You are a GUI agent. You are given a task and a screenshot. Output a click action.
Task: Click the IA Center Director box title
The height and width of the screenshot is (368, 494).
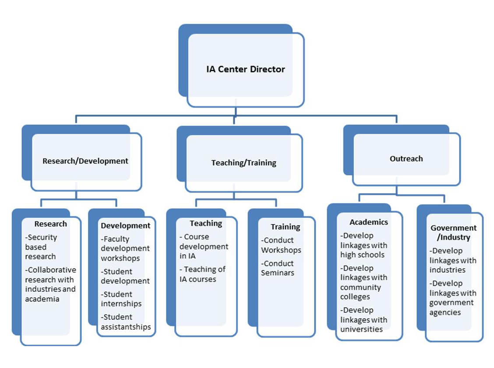tap(245, 69)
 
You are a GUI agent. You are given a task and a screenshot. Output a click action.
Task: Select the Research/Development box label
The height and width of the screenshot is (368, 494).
tap(85, 161)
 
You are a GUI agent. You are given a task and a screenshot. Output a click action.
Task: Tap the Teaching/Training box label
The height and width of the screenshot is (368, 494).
tap(243, 163)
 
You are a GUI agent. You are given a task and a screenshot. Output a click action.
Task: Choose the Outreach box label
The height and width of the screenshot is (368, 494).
tap(406, 159)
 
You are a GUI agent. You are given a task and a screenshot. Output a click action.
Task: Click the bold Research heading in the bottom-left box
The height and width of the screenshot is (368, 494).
tap(50, 224)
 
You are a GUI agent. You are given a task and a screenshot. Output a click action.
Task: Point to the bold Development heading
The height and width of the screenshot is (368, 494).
tap(125, 226)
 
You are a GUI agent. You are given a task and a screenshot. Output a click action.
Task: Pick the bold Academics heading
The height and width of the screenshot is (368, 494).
tap(368, 222)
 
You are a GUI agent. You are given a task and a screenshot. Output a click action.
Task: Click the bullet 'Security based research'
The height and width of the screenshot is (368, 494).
tap(42, 247)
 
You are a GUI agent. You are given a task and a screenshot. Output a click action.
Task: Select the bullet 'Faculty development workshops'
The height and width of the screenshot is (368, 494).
tap(125, 249)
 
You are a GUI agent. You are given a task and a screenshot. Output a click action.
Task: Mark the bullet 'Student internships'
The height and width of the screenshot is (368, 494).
tap(121, 299)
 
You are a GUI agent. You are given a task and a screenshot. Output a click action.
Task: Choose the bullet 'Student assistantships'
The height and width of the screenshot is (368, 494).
tap(125, 322)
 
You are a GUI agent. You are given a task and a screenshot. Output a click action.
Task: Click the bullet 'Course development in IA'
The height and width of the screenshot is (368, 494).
tap(203, 247)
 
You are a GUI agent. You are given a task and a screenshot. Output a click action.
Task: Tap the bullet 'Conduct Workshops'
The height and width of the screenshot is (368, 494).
tap(281, 245)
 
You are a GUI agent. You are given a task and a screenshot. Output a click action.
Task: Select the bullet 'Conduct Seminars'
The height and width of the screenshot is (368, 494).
tap(279, 268)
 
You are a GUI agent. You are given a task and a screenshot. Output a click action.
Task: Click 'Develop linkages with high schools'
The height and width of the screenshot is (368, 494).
tap(363, 245)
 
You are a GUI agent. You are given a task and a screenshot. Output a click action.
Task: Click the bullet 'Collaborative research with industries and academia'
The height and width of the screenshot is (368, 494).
tap(50, 284)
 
